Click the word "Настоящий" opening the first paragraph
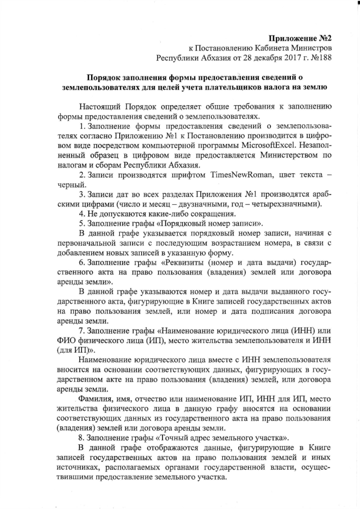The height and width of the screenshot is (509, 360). pyautogui.click(x=99, y=106)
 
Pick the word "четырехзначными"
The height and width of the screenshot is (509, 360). pyautogui.click(x=284, y=204)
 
